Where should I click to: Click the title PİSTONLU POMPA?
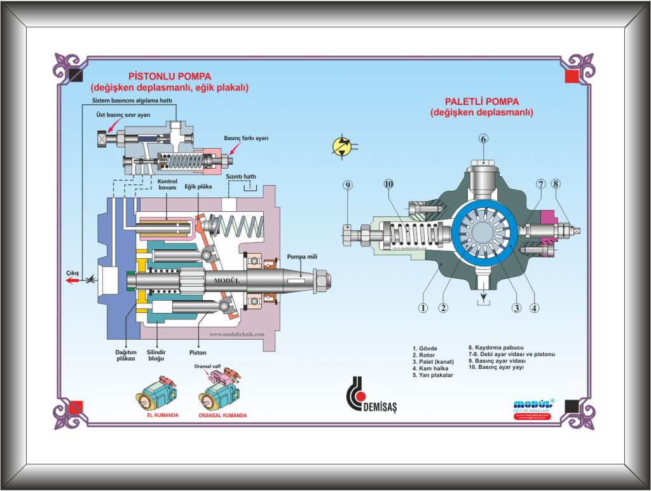[170, 75]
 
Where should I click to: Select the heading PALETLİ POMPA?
[481, 101]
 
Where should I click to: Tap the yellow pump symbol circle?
[341, 146]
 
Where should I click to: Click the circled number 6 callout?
[483, 139]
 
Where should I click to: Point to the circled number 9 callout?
[348, 185]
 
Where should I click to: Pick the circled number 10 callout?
[389, 184]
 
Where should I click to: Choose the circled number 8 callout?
[556, 184]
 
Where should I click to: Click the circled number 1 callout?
[421, 308]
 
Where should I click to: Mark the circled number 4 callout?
[535, 308]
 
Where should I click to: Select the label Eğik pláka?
[197, 186]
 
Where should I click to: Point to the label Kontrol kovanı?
[168, 184]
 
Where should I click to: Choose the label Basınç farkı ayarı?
[246, 138]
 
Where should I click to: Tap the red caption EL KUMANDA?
[162, 415]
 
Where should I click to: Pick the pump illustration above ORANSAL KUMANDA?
[219, 392]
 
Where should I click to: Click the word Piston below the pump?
[198, 352]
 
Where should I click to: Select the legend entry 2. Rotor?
[424, 355]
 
